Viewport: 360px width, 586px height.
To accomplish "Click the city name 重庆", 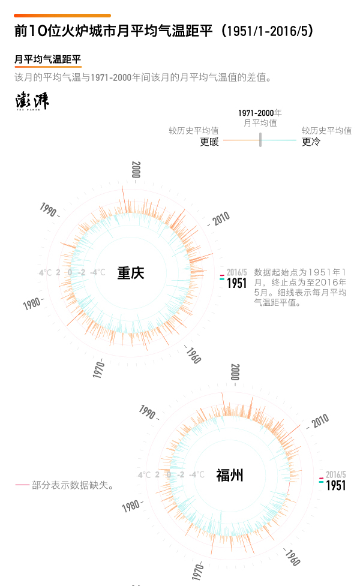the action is (x=131, y=273).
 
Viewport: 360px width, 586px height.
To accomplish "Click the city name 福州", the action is (x=230, y=476).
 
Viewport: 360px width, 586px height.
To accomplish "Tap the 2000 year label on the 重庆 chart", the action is (x=136, y=170).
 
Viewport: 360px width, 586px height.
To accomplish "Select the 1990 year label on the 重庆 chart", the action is (x=49, y=210).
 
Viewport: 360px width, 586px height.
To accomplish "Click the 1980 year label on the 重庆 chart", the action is (x=32, y=303).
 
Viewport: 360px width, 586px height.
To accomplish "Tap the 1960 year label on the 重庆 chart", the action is (x=193, y=356).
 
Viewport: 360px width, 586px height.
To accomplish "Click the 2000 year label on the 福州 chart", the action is (x=235, y=372).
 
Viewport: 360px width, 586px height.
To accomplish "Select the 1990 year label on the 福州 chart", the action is (x=148, y=412).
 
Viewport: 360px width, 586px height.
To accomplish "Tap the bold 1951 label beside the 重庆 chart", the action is (x=237, y=283).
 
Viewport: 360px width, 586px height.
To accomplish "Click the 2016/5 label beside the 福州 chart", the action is (x=336, y=474).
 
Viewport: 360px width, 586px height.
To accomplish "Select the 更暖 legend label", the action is (x=209, y=142).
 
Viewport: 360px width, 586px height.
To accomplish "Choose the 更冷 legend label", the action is (x=311, y=142).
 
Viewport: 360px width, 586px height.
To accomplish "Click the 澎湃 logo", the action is (x=32, y=101).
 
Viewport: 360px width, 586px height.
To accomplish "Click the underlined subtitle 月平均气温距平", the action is (x=47, y=59).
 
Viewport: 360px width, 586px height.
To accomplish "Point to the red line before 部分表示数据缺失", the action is (x=22, y=485).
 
